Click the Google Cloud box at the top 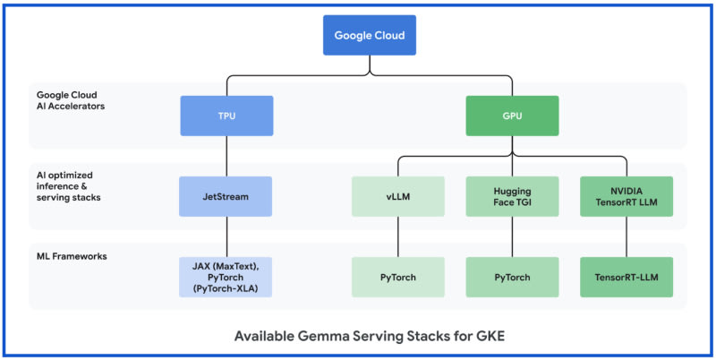tap(369, 37)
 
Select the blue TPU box tap(226, 116)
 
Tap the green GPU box tap(512, 116)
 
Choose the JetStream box tap(226, 196)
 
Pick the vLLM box tap(397, 196)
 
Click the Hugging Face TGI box tap(512, 196)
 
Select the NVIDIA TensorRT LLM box tap(626, 196)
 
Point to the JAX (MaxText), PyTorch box tap(226, 277)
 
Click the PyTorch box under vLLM tap(397, 277)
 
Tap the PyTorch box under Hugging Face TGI tap(512, 277)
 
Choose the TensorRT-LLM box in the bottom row tap(626, 277)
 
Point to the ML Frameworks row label tap(71, 256)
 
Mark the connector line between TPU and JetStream tap(226, 156)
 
